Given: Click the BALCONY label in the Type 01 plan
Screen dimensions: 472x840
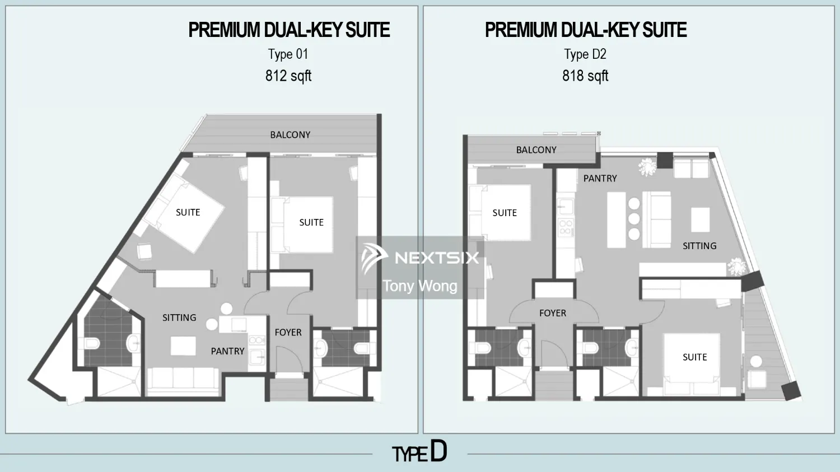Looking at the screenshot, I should (290, 135).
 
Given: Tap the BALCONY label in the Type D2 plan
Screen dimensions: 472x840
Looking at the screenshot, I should (536, 150).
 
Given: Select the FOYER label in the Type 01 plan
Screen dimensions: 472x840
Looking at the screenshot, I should (288, 333).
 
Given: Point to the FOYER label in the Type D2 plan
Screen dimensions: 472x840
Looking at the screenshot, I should (553, 314).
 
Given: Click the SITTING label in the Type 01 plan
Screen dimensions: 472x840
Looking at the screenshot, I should (179, 317).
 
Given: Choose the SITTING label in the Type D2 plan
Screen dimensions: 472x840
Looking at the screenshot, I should (699, 246).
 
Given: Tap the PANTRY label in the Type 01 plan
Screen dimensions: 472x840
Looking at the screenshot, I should (227, 351).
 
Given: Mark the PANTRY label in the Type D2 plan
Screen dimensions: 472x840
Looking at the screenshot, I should (600, 179).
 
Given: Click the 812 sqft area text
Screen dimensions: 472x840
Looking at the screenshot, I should (288, 76).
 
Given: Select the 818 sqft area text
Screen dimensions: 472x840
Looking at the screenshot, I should (585, 76).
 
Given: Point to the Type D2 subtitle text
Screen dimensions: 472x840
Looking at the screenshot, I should (585, 54).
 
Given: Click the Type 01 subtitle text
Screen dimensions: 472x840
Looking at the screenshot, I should (288, 54).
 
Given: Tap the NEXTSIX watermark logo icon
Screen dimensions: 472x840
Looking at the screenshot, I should (374, 258).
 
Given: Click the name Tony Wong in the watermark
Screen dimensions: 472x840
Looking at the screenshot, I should (420, 286).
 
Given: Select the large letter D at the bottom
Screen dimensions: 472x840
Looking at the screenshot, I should (438, 451).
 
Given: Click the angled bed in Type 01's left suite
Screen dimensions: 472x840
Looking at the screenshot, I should (182, 213).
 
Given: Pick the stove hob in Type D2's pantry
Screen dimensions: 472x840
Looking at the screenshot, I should (566, 227).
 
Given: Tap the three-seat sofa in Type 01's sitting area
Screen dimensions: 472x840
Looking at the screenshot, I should (183, 379).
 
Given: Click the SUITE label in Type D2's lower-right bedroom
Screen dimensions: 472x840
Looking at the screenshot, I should (694, 357).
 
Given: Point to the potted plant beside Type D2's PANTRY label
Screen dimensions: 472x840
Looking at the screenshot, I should (647, 167).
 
